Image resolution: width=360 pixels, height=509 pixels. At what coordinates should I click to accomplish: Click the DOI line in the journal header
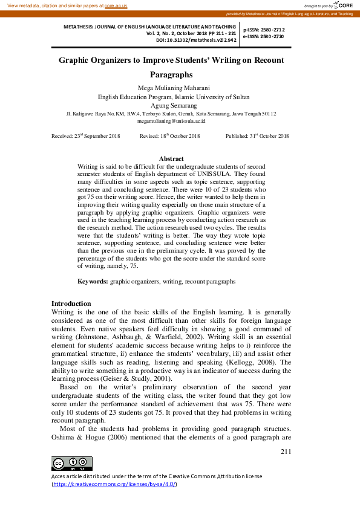click(x=195, y=40)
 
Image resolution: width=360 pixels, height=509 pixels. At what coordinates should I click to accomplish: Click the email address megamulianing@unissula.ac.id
click(x=172, y=121)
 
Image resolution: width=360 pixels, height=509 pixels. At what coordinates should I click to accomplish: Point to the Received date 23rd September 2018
click(x=86, y=137)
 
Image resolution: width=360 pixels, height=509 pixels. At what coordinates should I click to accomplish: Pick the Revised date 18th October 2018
click(x=169, y=137)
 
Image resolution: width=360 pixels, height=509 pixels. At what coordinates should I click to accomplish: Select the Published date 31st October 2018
click(x=257, y=137)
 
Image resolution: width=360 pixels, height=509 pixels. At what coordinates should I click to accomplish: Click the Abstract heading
click(x=171, y=158)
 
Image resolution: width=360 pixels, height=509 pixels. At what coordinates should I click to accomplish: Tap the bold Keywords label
click(x=93, y=282)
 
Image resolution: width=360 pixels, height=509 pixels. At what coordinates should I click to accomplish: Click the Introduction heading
click(x=71, y=303)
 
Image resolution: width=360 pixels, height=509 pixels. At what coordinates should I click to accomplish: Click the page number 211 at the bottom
click(x=287, y=451)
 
